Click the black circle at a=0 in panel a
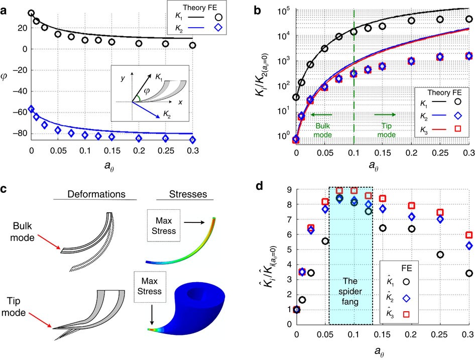point(31,14)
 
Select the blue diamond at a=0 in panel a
point(31,108)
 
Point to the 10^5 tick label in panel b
point(285,11)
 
